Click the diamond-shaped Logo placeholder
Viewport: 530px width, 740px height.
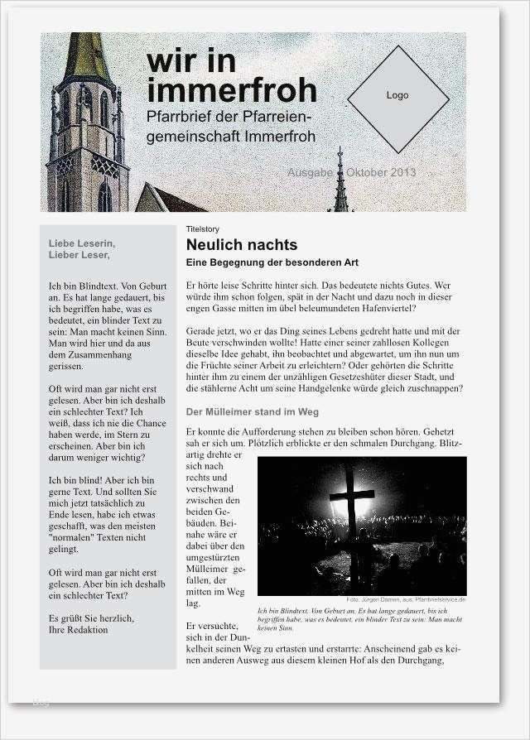pos(397,99)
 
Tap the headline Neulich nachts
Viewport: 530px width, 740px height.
pos(241,245)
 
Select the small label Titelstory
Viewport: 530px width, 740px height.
pos(203,228)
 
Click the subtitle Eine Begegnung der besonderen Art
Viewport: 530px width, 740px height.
pos(272,263)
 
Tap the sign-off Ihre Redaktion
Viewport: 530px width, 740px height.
pos(79,630)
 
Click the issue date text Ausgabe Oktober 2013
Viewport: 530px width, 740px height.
pos(351,173)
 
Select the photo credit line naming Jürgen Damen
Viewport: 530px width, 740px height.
pos(406,599)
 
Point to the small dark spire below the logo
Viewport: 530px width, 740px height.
pos(340,182)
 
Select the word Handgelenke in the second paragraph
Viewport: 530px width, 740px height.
pos(357,388)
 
